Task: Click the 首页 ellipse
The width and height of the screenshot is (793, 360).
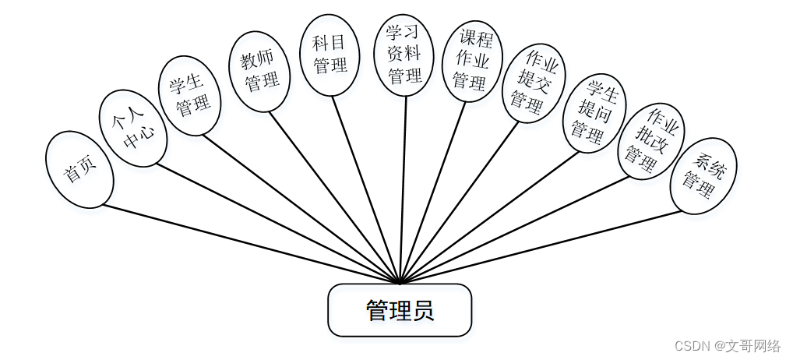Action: click(x=79, y=169)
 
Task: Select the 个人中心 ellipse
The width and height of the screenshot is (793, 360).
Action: click(x=132, y=128)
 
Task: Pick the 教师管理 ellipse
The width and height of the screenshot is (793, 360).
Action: click(x=259, y=71)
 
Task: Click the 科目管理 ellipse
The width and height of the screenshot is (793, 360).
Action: click(x=330, y=54)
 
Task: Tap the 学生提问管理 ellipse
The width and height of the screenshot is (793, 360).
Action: click(x=594, y=113)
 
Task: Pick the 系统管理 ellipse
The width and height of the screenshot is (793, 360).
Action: click(x=703, y=175)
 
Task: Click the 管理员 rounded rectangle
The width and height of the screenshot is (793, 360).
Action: click(x=400, y=310)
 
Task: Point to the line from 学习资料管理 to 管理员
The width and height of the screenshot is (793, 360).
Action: click(x=403, y=187)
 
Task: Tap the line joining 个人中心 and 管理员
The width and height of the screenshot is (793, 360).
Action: click(x=273, y=222)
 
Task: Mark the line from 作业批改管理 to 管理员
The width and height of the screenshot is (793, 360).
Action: click(x=514, y=229)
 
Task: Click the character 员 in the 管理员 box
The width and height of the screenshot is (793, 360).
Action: click(x=423, y=310)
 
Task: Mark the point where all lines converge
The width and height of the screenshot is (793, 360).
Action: click(x=400, y=283)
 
